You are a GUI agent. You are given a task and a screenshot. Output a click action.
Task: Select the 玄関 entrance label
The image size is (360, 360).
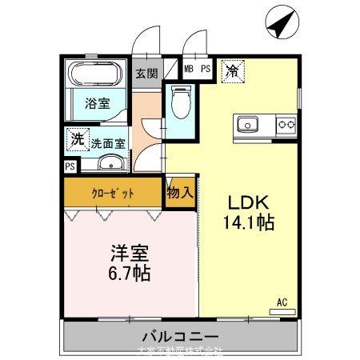(146, 74)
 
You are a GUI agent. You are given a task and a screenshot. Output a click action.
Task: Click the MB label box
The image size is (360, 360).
(190, 69)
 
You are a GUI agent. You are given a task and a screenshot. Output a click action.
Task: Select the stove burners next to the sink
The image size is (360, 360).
(285, 125)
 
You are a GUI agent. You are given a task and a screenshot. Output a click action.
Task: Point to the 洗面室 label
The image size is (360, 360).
(107, 145)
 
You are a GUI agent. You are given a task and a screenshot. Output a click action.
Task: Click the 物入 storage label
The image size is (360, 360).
(180, 193)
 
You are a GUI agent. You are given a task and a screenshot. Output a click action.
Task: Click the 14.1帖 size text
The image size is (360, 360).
(247, 223)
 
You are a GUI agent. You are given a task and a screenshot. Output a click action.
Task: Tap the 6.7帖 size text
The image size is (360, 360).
(128, 273)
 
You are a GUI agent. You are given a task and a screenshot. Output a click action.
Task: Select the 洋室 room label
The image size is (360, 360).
(128, 252)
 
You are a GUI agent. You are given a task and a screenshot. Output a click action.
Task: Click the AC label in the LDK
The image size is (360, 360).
(282, 302)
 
